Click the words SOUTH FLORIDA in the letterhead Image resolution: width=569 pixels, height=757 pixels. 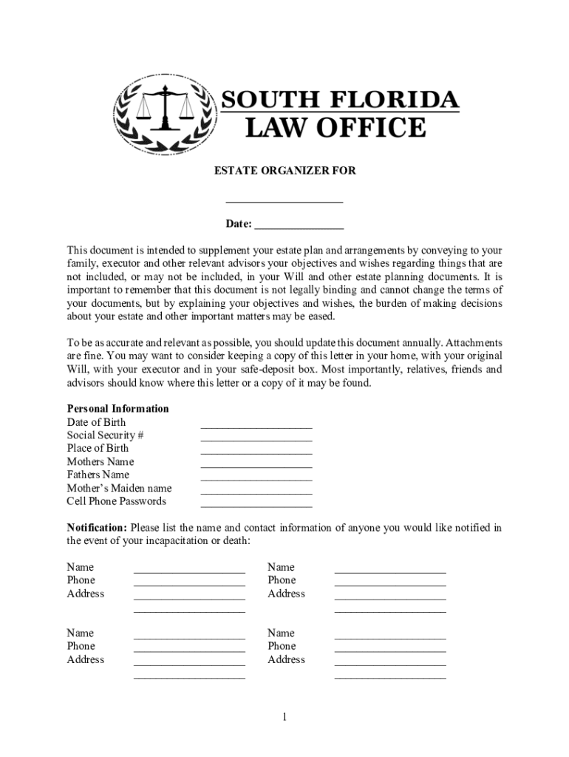(341, 99)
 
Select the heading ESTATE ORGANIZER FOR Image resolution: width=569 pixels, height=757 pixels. (284, 171)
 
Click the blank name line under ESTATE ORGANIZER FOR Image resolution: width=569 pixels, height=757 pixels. (284, 200)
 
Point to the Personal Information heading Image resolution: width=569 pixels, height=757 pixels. (117, 409)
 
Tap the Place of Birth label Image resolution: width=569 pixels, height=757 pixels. (98, 448)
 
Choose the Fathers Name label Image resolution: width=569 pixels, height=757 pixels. (98, 475)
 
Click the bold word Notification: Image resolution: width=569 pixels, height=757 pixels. (97, 528)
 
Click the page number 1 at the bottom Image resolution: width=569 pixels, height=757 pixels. (284, 717)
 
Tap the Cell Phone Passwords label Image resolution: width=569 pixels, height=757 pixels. (116, 501)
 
